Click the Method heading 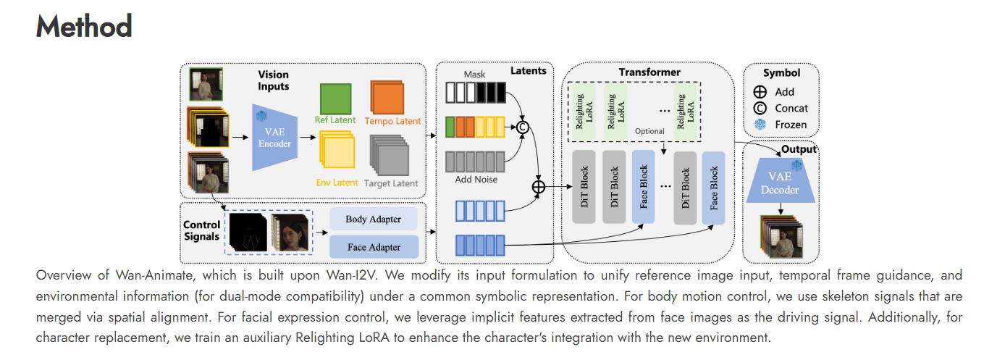coord(84,28)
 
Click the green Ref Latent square coord(335,98)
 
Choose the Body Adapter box coord(374,218)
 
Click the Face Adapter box coord(374,247)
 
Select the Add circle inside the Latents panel coord(538,186)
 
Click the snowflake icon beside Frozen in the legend coord(760,125)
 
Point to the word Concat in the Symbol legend coord(791,109)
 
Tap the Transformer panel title coord(649,72)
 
